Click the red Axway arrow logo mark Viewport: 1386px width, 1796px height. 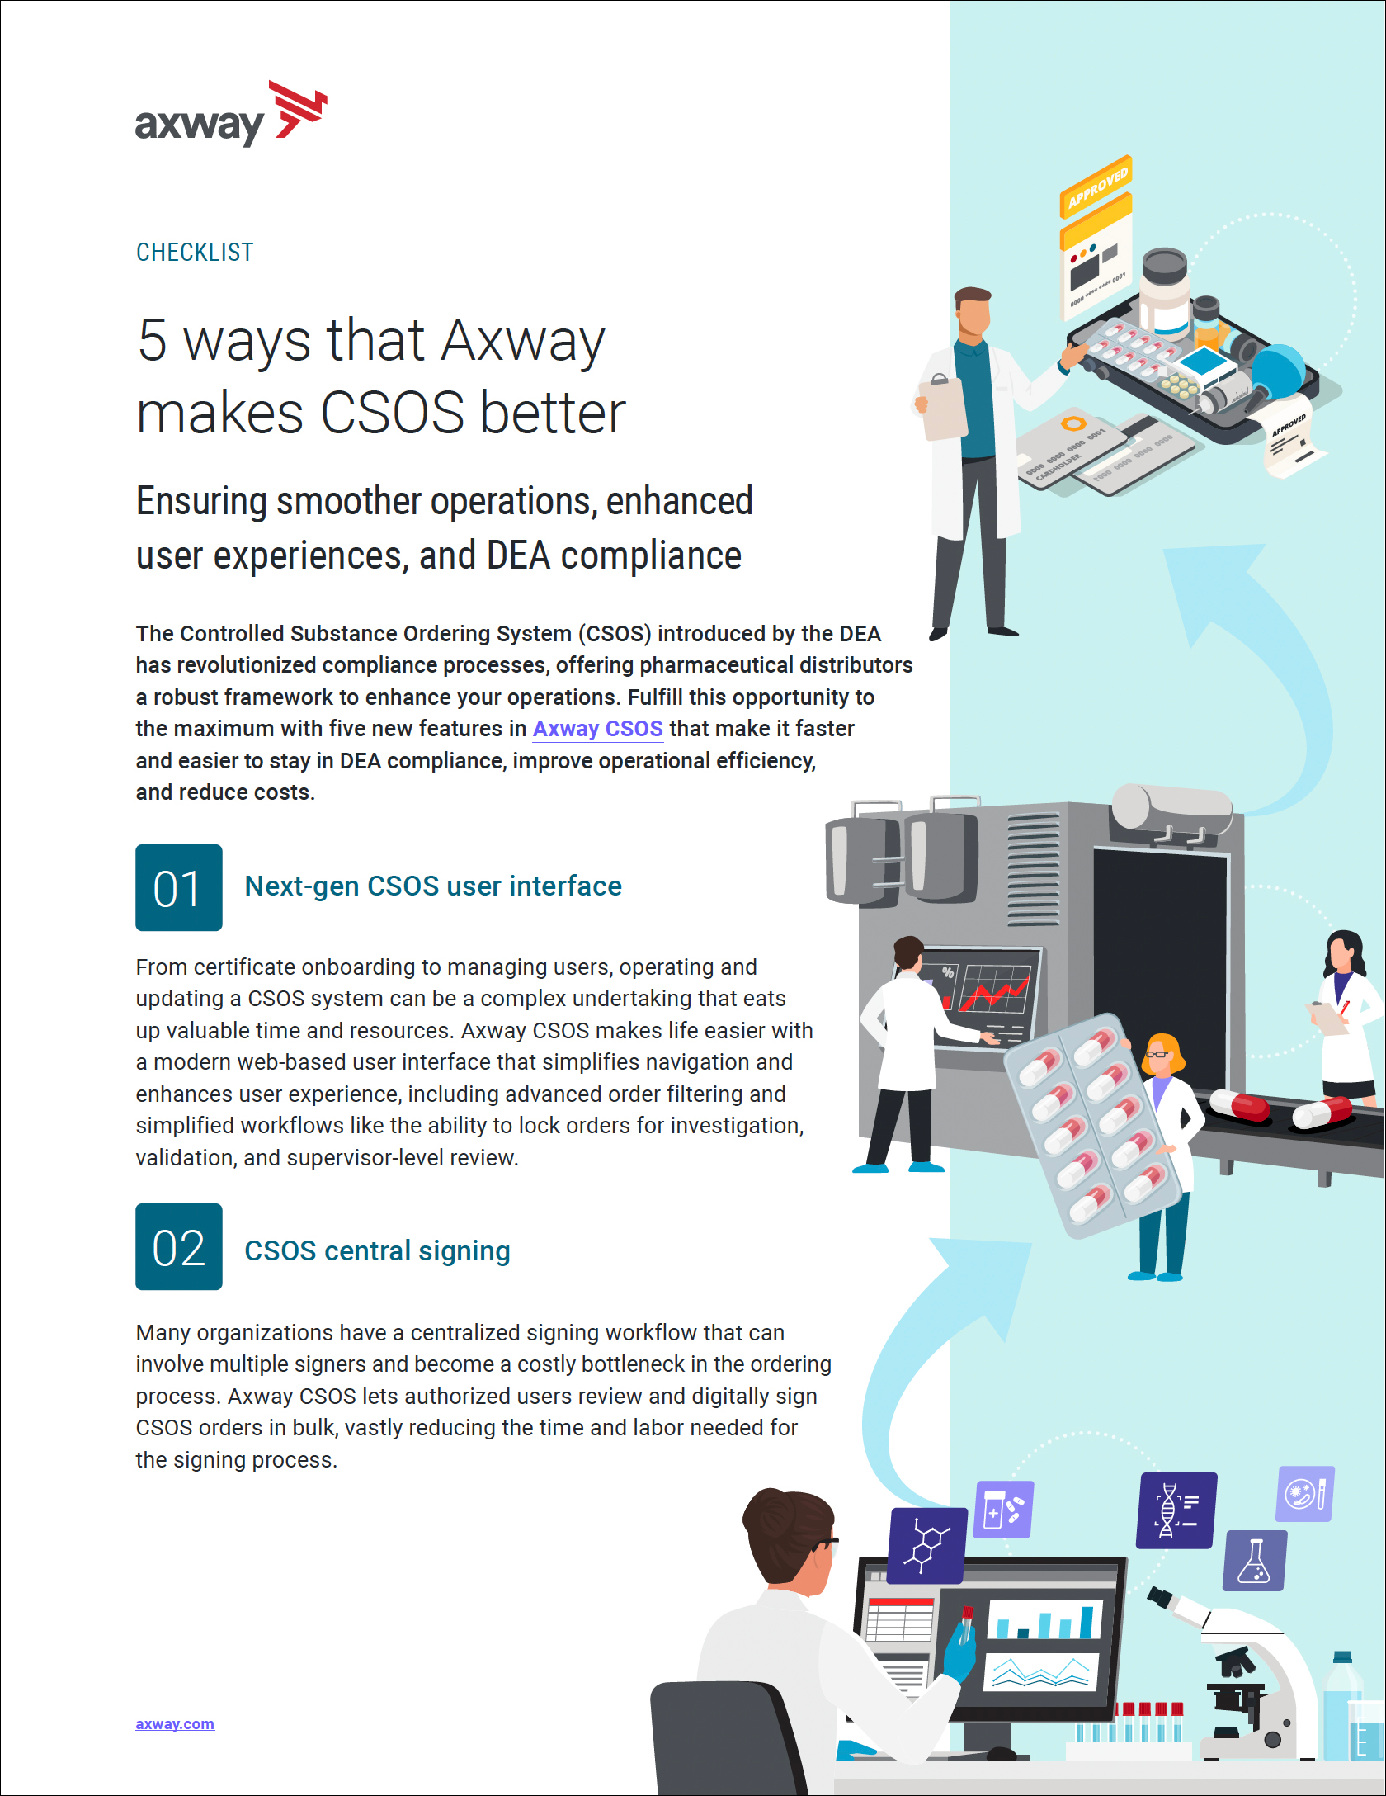(x=299, y=109)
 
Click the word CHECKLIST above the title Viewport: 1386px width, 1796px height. (x=195, y=253)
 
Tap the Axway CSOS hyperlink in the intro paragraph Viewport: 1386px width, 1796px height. (x=597, y=729)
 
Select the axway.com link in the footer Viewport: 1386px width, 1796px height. (x=175, y=1724)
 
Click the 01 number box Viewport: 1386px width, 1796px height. (x=179, y=887)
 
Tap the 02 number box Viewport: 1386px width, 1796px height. (x=179, y=1246)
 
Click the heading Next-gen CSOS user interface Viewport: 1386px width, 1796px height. (x=433, y=886)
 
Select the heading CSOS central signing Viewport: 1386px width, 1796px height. (x=377, y=1251)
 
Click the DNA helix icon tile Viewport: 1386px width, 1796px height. (x=1176, y=1510)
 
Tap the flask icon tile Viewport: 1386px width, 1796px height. (x=1255, y=1560)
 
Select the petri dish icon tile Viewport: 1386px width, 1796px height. (x=1305, y=1494)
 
